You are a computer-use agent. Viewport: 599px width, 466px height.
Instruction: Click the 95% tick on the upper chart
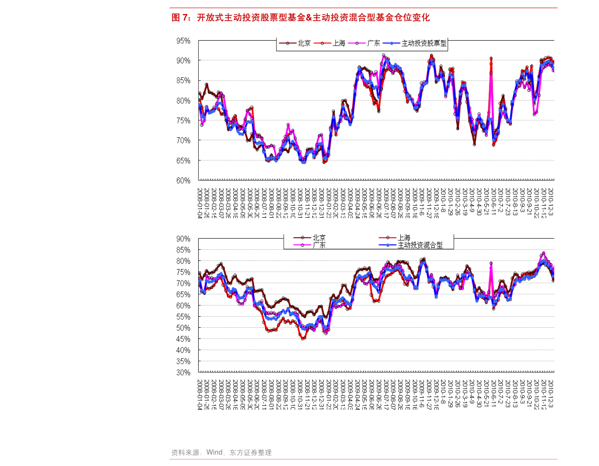pos(183,41)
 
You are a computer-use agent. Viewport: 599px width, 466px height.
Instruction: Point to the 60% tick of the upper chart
pos(183,180)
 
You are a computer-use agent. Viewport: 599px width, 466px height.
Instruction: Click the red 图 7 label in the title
pos(180,18)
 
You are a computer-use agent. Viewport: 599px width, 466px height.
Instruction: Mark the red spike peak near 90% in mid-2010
pos(491,58)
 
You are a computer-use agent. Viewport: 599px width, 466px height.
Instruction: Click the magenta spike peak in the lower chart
pos(491,263)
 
